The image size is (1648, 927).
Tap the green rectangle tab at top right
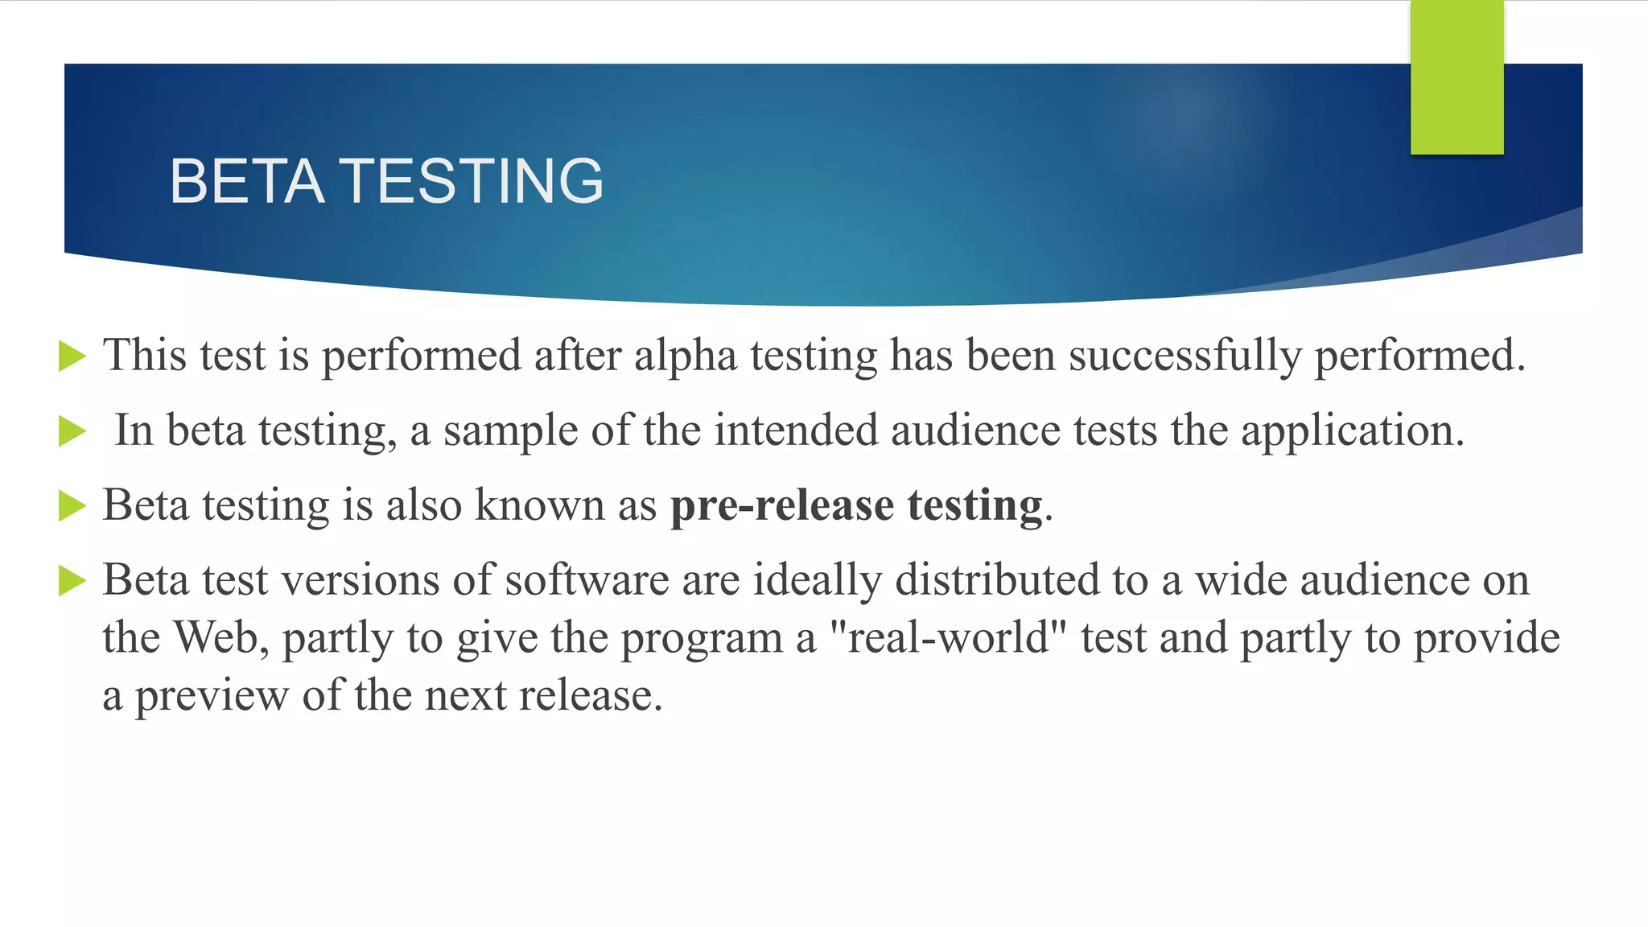coord(1456,77)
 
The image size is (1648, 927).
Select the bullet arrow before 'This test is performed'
coord(72,356)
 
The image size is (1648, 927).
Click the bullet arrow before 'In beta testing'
coord(72,431)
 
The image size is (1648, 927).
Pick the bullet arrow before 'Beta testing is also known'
coord(72,506)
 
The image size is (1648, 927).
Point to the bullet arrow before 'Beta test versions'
coord(72,581)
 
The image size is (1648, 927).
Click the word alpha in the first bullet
coord(686,356)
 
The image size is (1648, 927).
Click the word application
coord(1352,431)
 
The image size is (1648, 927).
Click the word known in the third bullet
coord(539,506)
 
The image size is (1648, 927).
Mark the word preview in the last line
coord(212,696)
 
